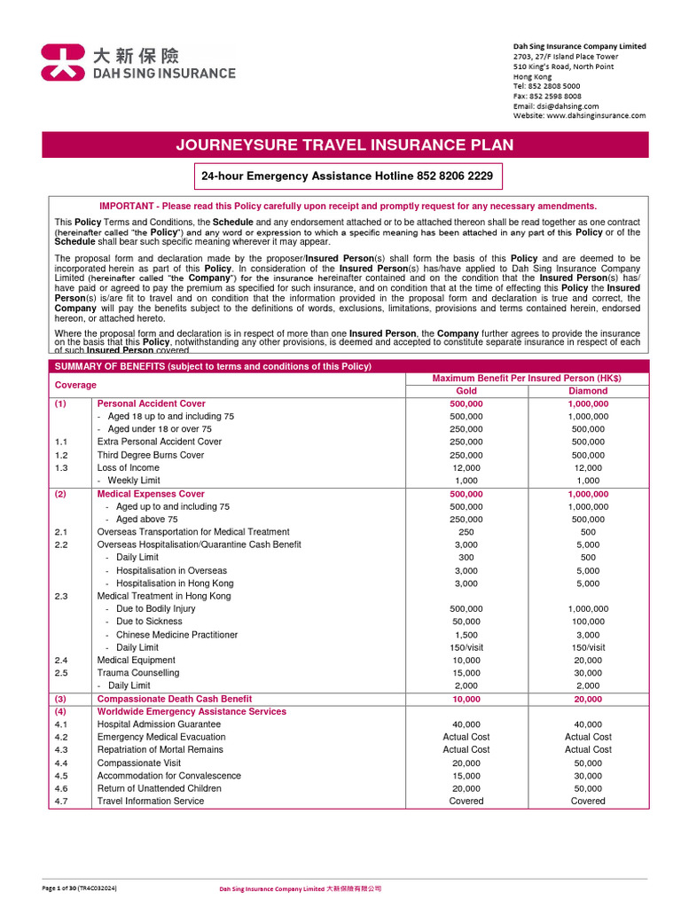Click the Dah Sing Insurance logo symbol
64,63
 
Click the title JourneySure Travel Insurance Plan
345,145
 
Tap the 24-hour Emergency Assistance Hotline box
347,176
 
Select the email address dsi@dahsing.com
560,106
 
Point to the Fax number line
547,96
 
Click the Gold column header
466,391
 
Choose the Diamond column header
588,391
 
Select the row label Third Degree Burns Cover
151,455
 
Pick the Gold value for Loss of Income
466,468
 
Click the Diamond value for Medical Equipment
588,660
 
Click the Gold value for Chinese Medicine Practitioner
466,635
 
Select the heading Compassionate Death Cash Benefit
175,699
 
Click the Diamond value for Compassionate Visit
588,763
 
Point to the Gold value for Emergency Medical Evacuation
466,737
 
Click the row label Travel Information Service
151,801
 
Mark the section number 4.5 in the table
61,776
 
